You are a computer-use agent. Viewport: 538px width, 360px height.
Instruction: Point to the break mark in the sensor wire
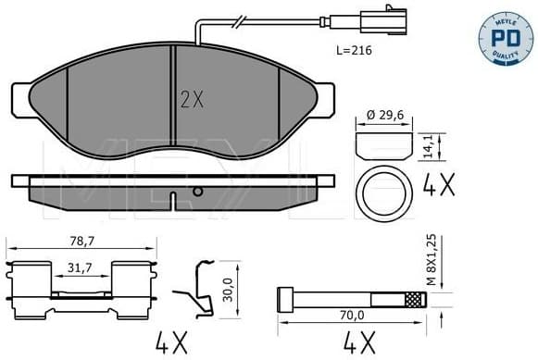[x=240, y=21]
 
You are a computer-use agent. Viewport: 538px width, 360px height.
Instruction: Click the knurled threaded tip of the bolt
[x=414, y=299]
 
